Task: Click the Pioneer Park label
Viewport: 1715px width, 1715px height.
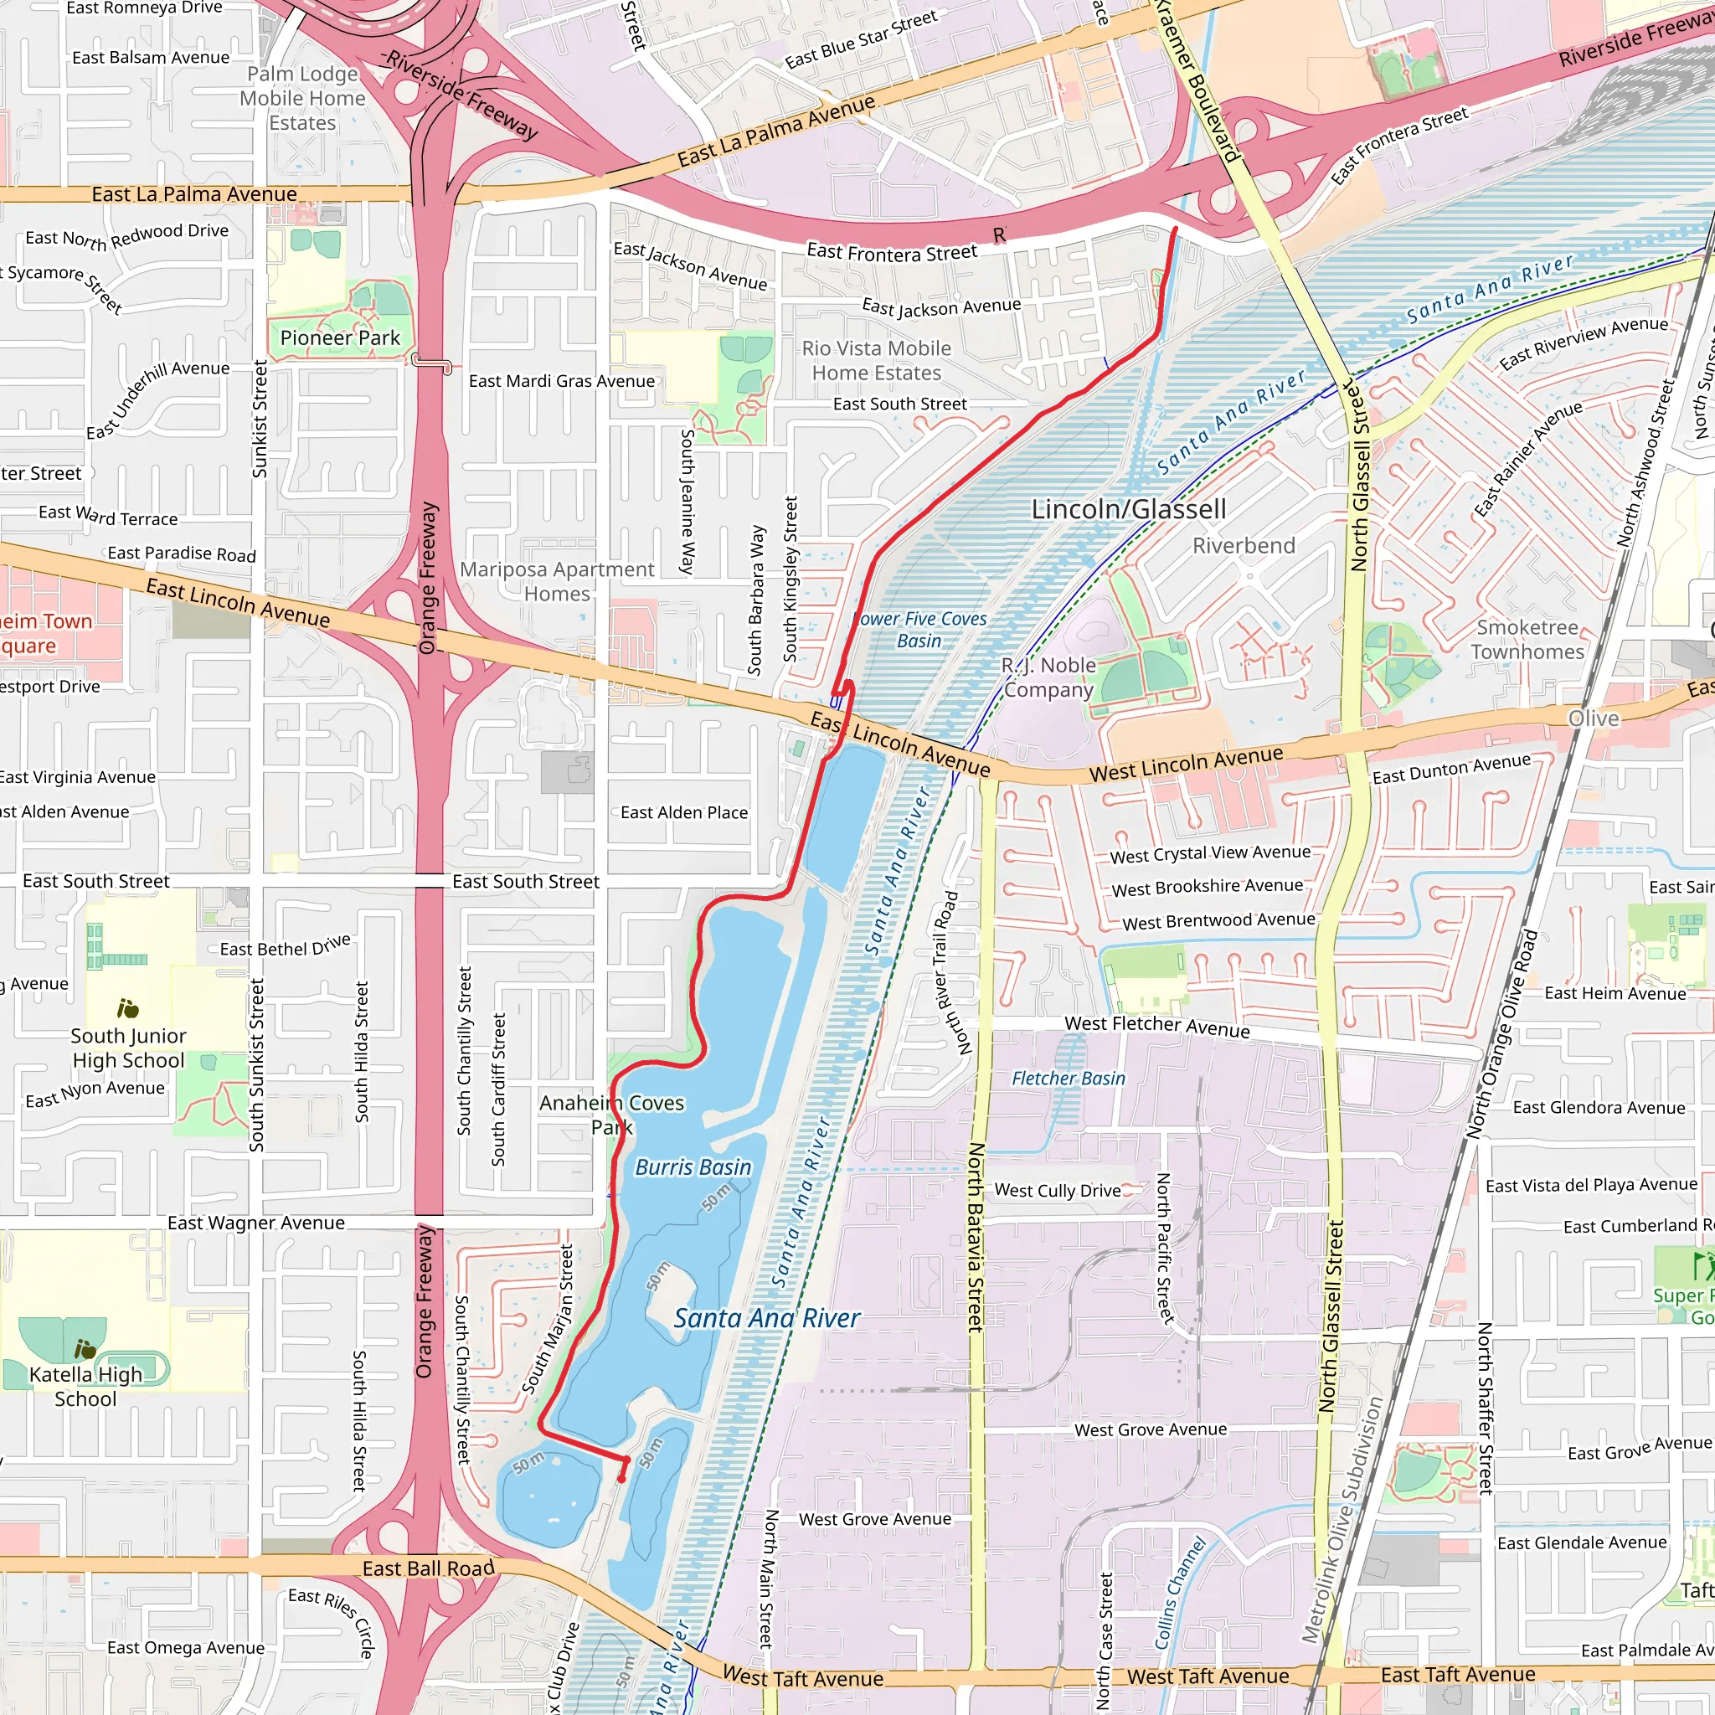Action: pos(340,338)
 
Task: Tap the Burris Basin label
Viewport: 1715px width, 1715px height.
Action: pos(693,1167)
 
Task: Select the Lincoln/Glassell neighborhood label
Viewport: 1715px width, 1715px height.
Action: pos(1128,509)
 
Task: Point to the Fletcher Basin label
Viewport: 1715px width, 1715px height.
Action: pos(1068,1079)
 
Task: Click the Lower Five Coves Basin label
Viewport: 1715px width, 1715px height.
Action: pos(919,631)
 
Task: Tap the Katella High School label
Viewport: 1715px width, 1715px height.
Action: pos(85,1387)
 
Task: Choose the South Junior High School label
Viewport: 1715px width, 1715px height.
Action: pos(128,1048)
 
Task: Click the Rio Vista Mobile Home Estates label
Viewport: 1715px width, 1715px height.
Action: pos(876,360)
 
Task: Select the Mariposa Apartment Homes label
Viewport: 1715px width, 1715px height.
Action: pos(557,581)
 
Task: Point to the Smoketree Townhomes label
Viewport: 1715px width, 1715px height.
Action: pos(1527,639)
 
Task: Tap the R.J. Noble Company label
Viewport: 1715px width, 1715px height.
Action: pos(1048,677)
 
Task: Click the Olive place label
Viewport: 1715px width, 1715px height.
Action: pos(1594,718)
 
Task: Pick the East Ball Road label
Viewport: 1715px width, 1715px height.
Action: pos(428,1568)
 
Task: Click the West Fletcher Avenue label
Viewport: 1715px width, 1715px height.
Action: pos(1156,1026)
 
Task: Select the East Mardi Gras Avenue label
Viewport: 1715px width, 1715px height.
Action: pos(561,381)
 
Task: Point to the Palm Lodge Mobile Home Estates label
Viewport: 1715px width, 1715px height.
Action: pos(302,99)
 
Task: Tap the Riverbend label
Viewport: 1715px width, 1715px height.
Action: pos(1243,546)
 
